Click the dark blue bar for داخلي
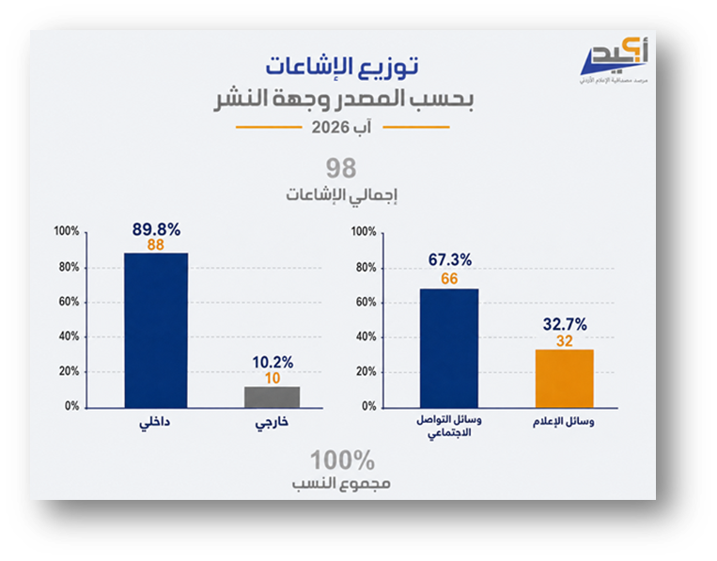[156, 330]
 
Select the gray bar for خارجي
[273, 397]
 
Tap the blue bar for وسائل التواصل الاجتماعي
[449, 348]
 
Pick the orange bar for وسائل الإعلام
[564, 379]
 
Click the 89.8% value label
[156, 229]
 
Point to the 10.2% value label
[273, 363]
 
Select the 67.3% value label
[449, 259]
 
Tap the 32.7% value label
[565, 324]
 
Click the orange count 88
[155, 245]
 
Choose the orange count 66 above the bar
[449, 278]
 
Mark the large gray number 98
[341, 168]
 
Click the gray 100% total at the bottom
[342, 460]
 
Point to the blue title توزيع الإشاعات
[342, 67]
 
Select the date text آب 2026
[341, 127]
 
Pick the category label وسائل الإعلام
[564, 422]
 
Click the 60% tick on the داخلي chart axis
[69, 302]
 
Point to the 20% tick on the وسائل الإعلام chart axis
[366, 371]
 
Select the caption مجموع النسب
[341, 484]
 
